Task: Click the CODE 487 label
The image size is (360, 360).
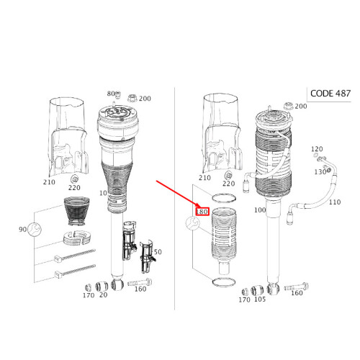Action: [330, 94]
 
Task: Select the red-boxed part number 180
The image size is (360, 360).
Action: [202, 212]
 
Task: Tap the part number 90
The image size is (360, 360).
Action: [22, 230]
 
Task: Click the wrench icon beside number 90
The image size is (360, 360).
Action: [35, 230]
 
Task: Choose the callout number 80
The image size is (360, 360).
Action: [111, 94]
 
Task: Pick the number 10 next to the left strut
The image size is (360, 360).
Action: [103, 193]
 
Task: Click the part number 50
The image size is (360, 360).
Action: [158, 252]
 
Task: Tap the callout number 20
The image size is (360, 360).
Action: [103, 294]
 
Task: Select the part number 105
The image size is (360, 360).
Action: [260, 299]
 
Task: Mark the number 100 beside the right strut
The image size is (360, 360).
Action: [260, 210]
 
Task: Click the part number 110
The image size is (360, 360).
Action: [335, 202]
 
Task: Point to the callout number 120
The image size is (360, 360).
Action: [317, 149]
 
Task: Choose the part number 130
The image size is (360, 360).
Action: [320, 172]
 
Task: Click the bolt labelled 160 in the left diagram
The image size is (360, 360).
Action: [140, 283]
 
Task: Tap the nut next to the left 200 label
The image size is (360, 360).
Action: [132, 98]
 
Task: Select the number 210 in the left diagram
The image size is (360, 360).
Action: [49, 182]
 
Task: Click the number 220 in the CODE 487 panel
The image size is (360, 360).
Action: [228, 184]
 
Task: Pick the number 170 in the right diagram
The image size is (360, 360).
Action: [244, 300]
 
